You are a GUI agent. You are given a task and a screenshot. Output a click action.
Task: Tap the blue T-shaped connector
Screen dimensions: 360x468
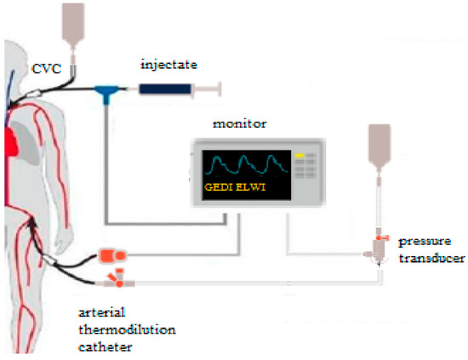[x=106, y=90]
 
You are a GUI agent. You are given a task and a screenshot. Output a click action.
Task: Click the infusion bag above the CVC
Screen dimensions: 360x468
[x=72, y=21]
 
